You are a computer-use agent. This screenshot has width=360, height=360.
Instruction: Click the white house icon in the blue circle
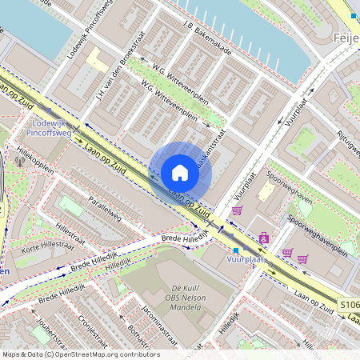pos(180,173)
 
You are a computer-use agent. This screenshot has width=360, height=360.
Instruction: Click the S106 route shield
pos(348,305)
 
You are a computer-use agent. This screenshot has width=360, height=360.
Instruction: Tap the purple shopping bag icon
pos(264,238)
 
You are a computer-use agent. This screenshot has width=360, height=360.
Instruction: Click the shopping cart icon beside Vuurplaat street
pos(237,210)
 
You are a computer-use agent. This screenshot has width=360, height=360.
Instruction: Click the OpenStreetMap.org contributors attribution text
pos(104,354)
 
